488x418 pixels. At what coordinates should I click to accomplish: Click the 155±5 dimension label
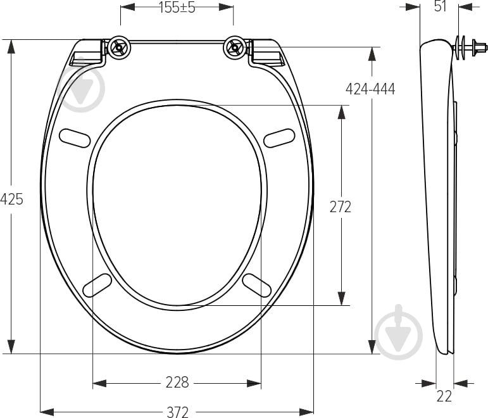point(177,8)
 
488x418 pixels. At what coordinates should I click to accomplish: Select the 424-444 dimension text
point(370,89)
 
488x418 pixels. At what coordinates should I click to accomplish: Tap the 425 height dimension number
point(11,199)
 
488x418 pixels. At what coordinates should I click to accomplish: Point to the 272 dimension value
point(341,206)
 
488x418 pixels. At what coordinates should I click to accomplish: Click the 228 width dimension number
point(177,383)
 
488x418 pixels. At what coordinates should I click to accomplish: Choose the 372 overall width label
point(177,412)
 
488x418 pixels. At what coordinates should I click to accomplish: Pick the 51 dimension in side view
point(441,6)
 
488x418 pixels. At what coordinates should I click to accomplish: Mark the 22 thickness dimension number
point(444,396)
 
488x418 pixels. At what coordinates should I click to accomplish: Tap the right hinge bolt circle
point(234,47)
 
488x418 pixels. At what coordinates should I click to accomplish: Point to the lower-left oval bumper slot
point(97,284)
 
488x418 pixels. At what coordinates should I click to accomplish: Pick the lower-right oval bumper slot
point(257,284)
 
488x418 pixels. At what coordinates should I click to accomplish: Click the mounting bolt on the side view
point(470,47)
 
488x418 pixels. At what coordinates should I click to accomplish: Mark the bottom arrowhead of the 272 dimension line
point(342,298)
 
